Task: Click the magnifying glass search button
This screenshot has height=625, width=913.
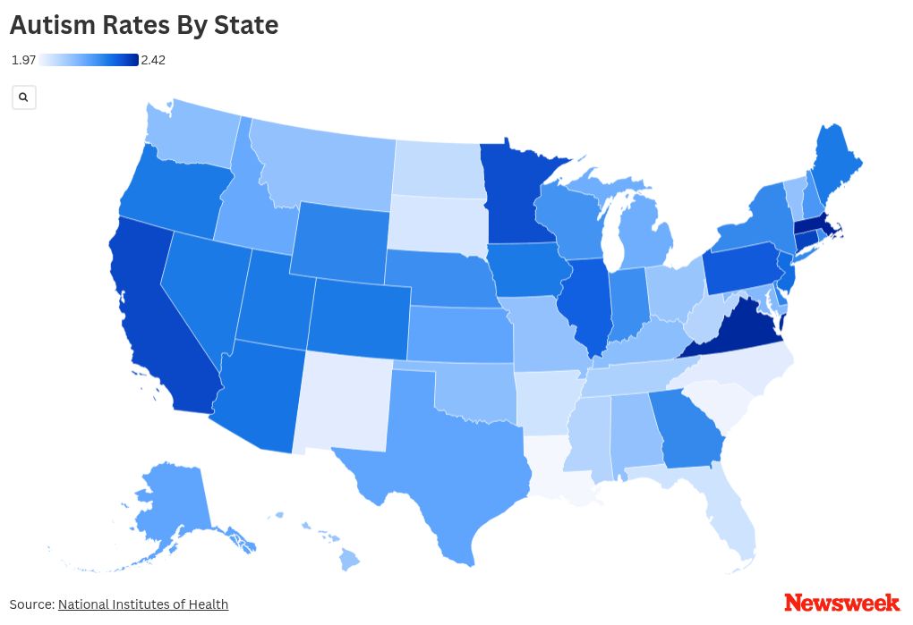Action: coord(24,97)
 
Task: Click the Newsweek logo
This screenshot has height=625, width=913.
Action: coord(841,603)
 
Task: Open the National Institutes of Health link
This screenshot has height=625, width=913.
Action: coord(143,604)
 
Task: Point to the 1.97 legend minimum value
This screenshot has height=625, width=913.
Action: coord(23,60)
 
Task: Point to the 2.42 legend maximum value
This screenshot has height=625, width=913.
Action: coord(153,60)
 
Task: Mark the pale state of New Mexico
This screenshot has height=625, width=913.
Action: coord(345,398)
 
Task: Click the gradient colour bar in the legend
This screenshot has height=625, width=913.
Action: coord(89,60)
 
